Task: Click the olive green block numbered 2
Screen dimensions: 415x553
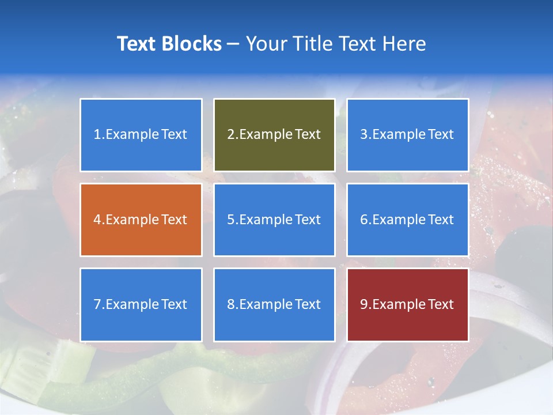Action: pos(274,135)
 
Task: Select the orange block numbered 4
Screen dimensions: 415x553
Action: pos(141,220)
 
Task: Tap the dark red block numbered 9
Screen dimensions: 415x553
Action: pos(407,304)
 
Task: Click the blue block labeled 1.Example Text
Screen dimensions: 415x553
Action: pos(141,135)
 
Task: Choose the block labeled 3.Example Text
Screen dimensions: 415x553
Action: pos(407,135)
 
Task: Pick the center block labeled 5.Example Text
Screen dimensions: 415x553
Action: pos(274,220)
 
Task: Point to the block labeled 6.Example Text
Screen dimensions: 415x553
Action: pos(407,220)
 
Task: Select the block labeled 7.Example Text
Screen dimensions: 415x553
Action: pos(141,304)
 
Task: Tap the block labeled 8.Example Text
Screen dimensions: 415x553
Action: pos(274,304)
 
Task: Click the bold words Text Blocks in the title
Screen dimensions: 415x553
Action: pos(169,44)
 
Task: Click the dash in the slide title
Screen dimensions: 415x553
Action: pos(234,44)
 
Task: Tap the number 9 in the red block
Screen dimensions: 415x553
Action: pos(364,304)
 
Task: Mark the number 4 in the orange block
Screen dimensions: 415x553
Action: pos(97,220)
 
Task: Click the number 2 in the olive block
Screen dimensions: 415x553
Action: pos(230,135)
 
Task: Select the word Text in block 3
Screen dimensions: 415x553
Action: pos(441,135)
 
